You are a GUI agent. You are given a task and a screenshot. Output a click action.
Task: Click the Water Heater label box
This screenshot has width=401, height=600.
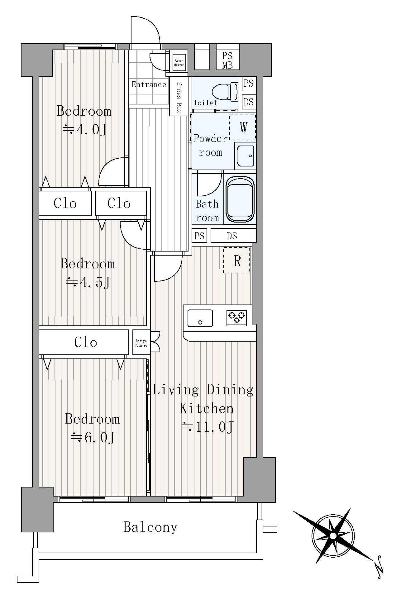pos(179,63)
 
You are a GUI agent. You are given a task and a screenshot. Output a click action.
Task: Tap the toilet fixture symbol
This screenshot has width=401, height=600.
pos(225,92)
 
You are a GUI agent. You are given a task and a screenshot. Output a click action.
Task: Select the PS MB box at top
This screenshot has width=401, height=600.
pos(228,60)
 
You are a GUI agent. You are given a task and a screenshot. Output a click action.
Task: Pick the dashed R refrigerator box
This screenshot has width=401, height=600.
pos(237,261)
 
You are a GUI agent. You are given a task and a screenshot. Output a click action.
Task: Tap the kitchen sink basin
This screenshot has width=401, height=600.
pos(200,318)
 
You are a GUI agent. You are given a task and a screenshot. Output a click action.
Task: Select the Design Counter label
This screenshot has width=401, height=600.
pos(141,343)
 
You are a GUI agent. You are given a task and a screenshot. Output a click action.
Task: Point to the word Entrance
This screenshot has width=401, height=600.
pos(149,84)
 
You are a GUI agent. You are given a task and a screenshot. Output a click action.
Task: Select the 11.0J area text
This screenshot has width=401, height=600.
pos(208,427)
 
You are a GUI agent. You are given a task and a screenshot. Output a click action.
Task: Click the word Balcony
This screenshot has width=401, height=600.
pos(150,527)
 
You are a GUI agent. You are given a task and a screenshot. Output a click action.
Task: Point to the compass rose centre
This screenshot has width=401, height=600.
pos(333,536)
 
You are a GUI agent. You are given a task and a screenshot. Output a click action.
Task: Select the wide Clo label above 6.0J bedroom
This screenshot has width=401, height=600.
pos(86,342)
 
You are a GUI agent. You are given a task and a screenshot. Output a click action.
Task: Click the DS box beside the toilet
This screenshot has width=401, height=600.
pos(249,102)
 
